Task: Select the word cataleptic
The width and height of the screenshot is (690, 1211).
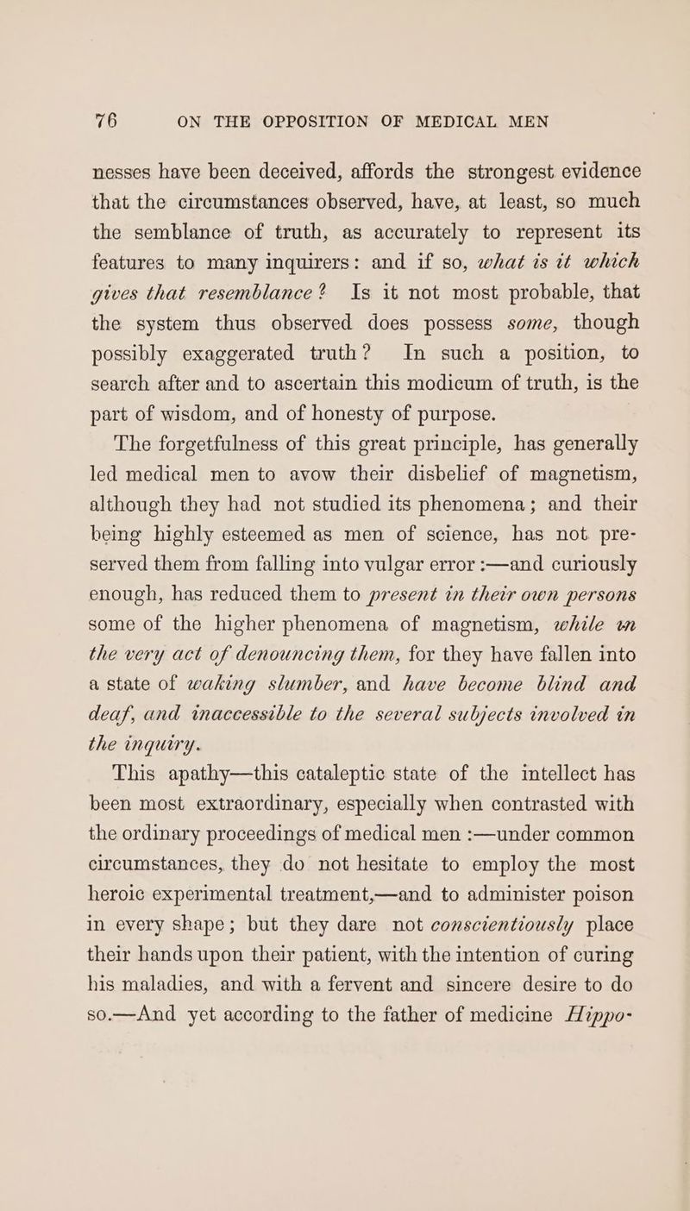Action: tap(346, 890)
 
